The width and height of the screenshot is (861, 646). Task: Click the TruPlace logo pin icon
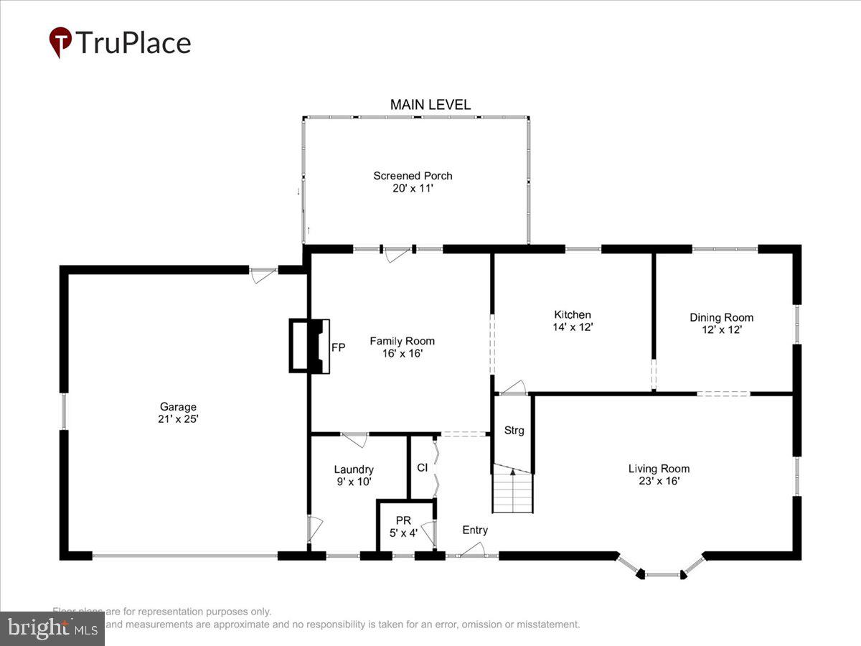[x=60, y=42]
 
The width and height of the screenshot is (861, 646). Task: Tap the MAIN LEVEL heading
[x=430, y=105]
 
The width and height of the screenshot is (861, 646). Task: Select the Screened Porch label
[x=413, y=176]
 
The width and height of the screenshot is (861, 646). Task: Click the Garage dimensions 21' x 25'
[x=178, y=418]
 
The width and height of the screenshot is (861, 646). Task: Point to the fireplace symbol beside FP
[x=308, y=346]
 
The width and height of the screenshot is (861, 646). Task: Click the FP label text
[x=338, y=347]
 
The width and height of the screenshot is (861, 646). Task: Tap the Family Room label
[x=402, y=341]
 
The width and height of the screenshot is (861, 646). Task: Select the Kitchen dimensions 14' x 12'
[x=572, y=327]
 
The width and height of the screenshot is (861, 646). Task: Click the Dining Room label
[x=721, y=317]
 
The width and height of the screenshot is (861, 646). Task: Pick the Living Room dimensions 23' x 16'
[x=659, y=481]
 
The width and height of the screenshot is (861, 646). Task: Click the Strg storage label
[x=514, y=431]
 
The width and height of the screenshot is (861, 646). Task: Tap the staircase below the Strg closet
[x=513, y=492]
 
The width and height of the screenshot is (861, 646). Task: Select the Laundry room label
[x=353, y=470]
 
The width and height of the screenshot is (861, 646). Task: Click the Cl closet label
[x=423, y=467]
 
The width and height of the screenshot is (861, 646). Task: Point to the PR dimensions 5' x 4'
[x=403, y=533]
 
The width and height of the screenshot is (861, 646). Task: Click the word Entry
[x=475, y=530]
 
